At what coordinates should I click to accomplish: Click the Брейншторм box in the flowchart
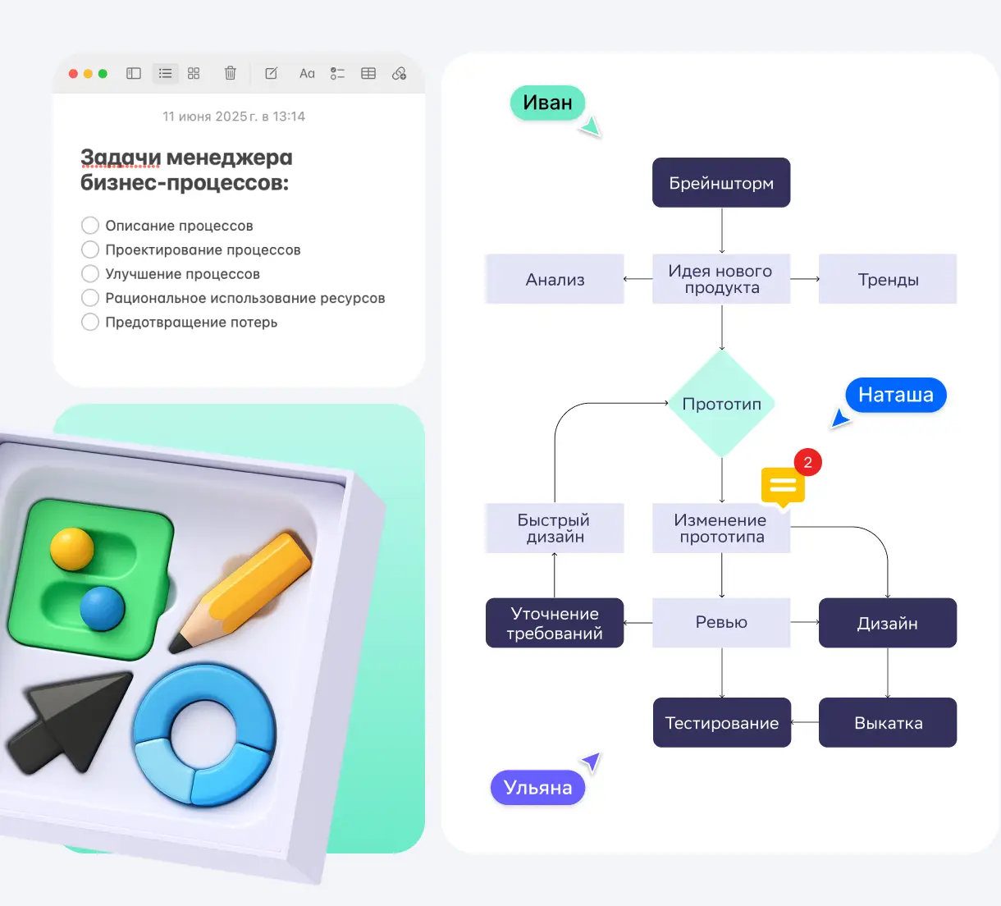click(721, 182)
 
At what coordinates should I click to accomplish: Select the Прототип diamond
click(722, 404)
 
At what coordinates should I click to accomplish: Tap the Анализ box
click(555, 279)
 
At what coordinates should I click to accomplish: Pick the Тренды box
click(888, 279)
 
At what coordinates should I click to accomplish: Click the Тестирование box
click(722, 722)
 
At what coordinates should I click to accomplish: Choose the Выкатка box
click(888, 722)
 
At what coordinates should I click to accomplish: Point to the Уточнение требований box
click(555, 623)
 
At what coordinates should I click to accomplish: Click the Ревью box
click(721, 622)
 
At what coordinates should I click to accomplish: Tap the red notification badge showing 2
click(807, 462)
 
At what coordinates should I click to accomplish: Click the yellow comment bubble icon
click(782, 486)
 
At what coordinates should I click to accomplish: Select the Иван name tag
click(547, 103)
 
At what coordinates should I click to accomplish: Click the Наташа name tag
click(895, 395)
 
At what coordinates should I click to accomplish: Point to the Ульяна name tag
click(537, 788)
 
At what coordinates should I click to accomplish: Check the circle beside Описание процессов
click(90, 226)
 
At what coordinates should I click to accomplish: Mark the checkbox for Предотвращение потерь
click(90, 322)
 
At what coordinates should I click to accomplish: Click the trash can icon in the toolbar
click(231, 73)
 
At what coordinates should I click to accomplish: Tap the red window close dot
click(73, 74)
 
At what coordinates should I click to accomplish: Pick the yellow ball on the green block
click(72, 548)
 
